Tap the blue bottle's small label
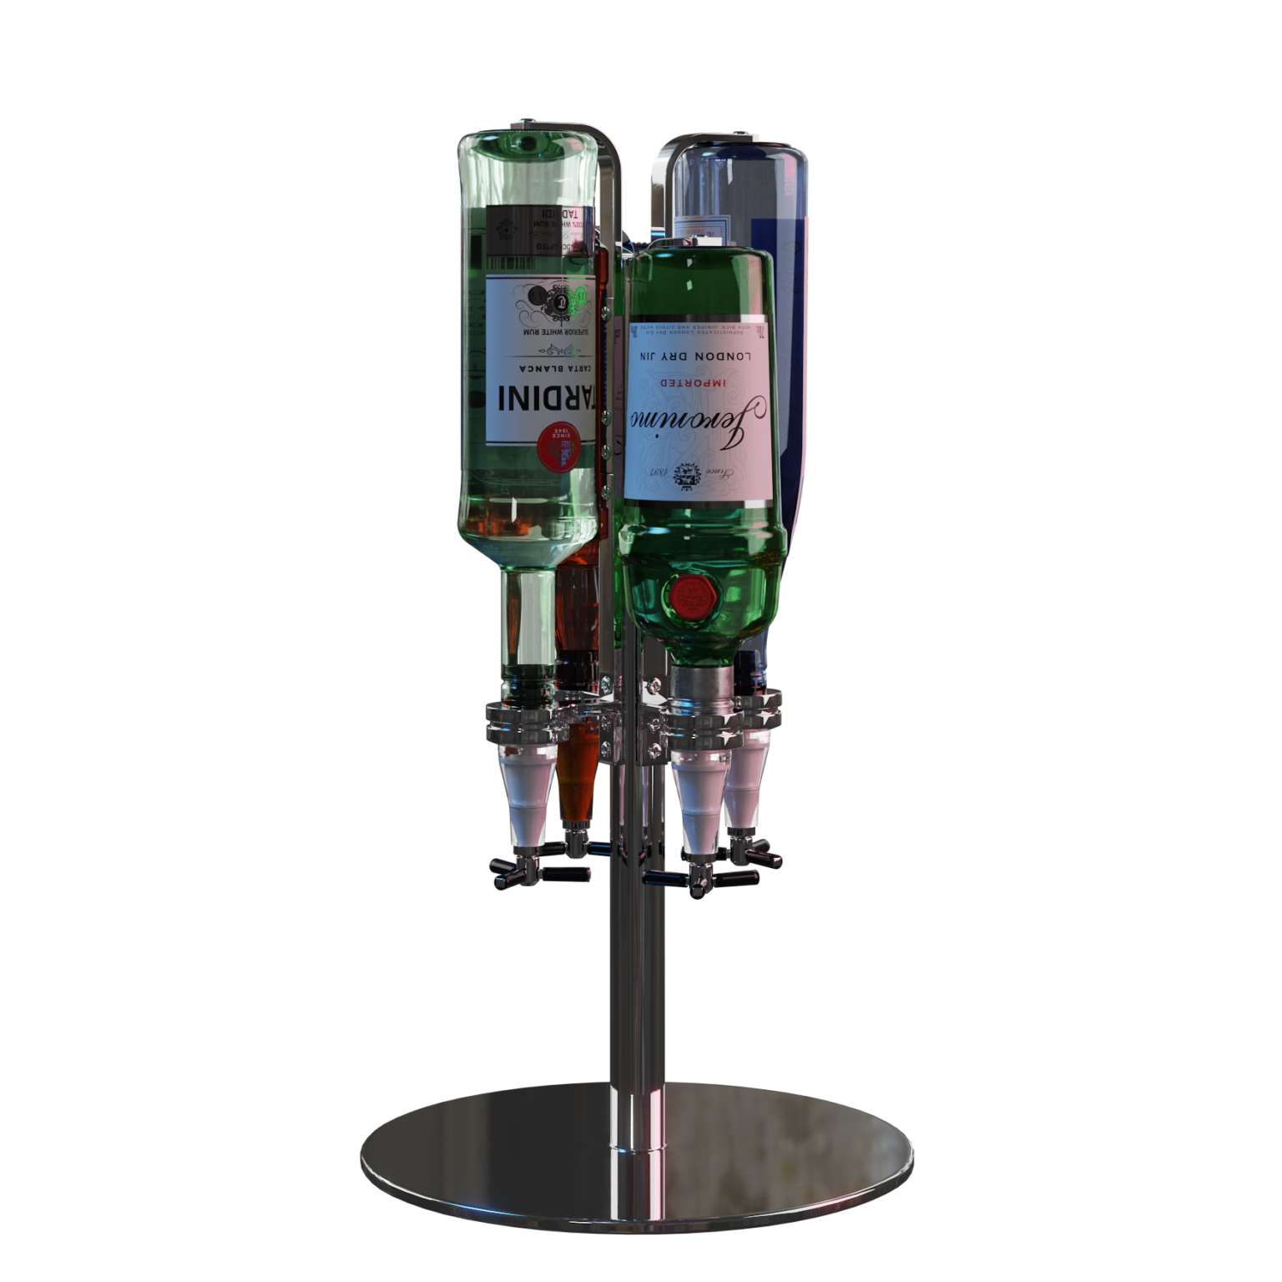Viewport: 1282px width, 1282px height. [x=701, y=228]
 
